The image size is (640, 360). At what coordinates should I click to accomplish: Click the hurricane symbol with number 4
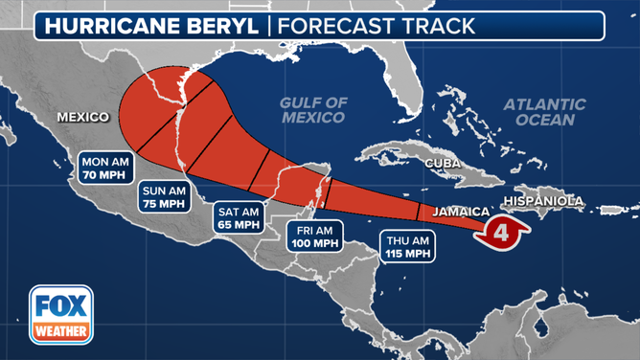click(504, 231)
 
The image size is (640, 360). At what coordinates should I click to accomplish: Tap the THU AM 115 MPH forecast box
click(407, 246)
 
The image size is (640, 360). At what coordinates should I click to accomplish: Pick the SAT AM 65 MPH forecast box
click(239, 218)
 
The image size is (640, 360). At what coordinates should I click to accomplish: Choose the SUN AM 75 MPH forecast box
click(163, 195)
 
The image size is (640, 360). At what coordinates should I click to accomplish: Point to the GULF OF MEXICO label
click(312, 110)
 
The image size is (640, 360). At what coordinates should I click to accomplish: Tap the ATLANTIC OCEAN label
click(545, 112)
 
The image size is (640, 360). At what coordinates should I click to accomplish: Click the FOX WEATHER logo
click(60, 313)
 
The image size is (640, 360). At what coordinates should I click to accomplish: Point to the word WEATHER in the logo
click(60, 332)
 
